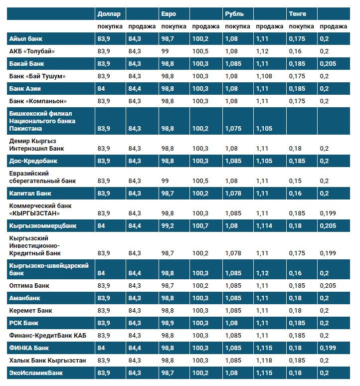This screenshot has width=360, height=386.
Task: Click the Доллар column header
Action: (x=109, y=14)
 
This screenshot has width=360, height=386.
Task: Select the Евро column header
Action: (x=169, y=14)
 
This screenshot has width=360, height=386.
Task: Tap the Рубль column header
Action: (x=234, y=14)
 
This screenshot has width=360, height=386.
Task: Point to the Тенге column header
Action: (x=297, y=14)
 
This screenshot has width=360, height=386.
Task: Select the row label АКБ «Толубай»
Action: (x=32, y=51)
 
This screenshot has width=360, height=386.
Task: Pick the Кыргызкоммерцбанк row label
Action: (x=41, y=226)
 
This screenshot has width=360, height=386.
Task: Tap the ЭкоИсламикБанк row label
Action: (x=36, y=373)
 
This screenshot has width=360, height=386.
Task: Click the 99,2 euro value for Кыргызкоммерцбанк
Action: (x=169, y=226)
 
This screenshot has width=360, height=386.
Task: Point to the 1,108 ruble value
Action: (x=264, y=76)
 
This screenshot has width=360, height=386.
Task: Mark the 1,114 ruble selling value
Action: (x=264, y=226)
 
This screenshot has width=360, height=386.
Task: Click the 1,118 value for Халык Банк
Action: (x=264, y=360)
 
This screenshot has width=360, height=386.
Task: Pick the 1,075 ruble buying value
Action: (x=233, y=129)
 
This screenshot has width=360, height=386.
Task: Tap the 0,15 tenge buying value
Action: (x=295, y=181)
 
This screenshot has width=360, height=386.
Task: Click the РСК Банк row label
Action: (x=24, y=323)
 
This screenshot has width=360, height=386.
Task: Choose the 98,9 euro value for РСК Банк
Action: (x=169, y=323)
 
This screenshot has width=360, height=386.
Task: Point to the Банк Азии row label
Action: (x=25, y=88)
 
